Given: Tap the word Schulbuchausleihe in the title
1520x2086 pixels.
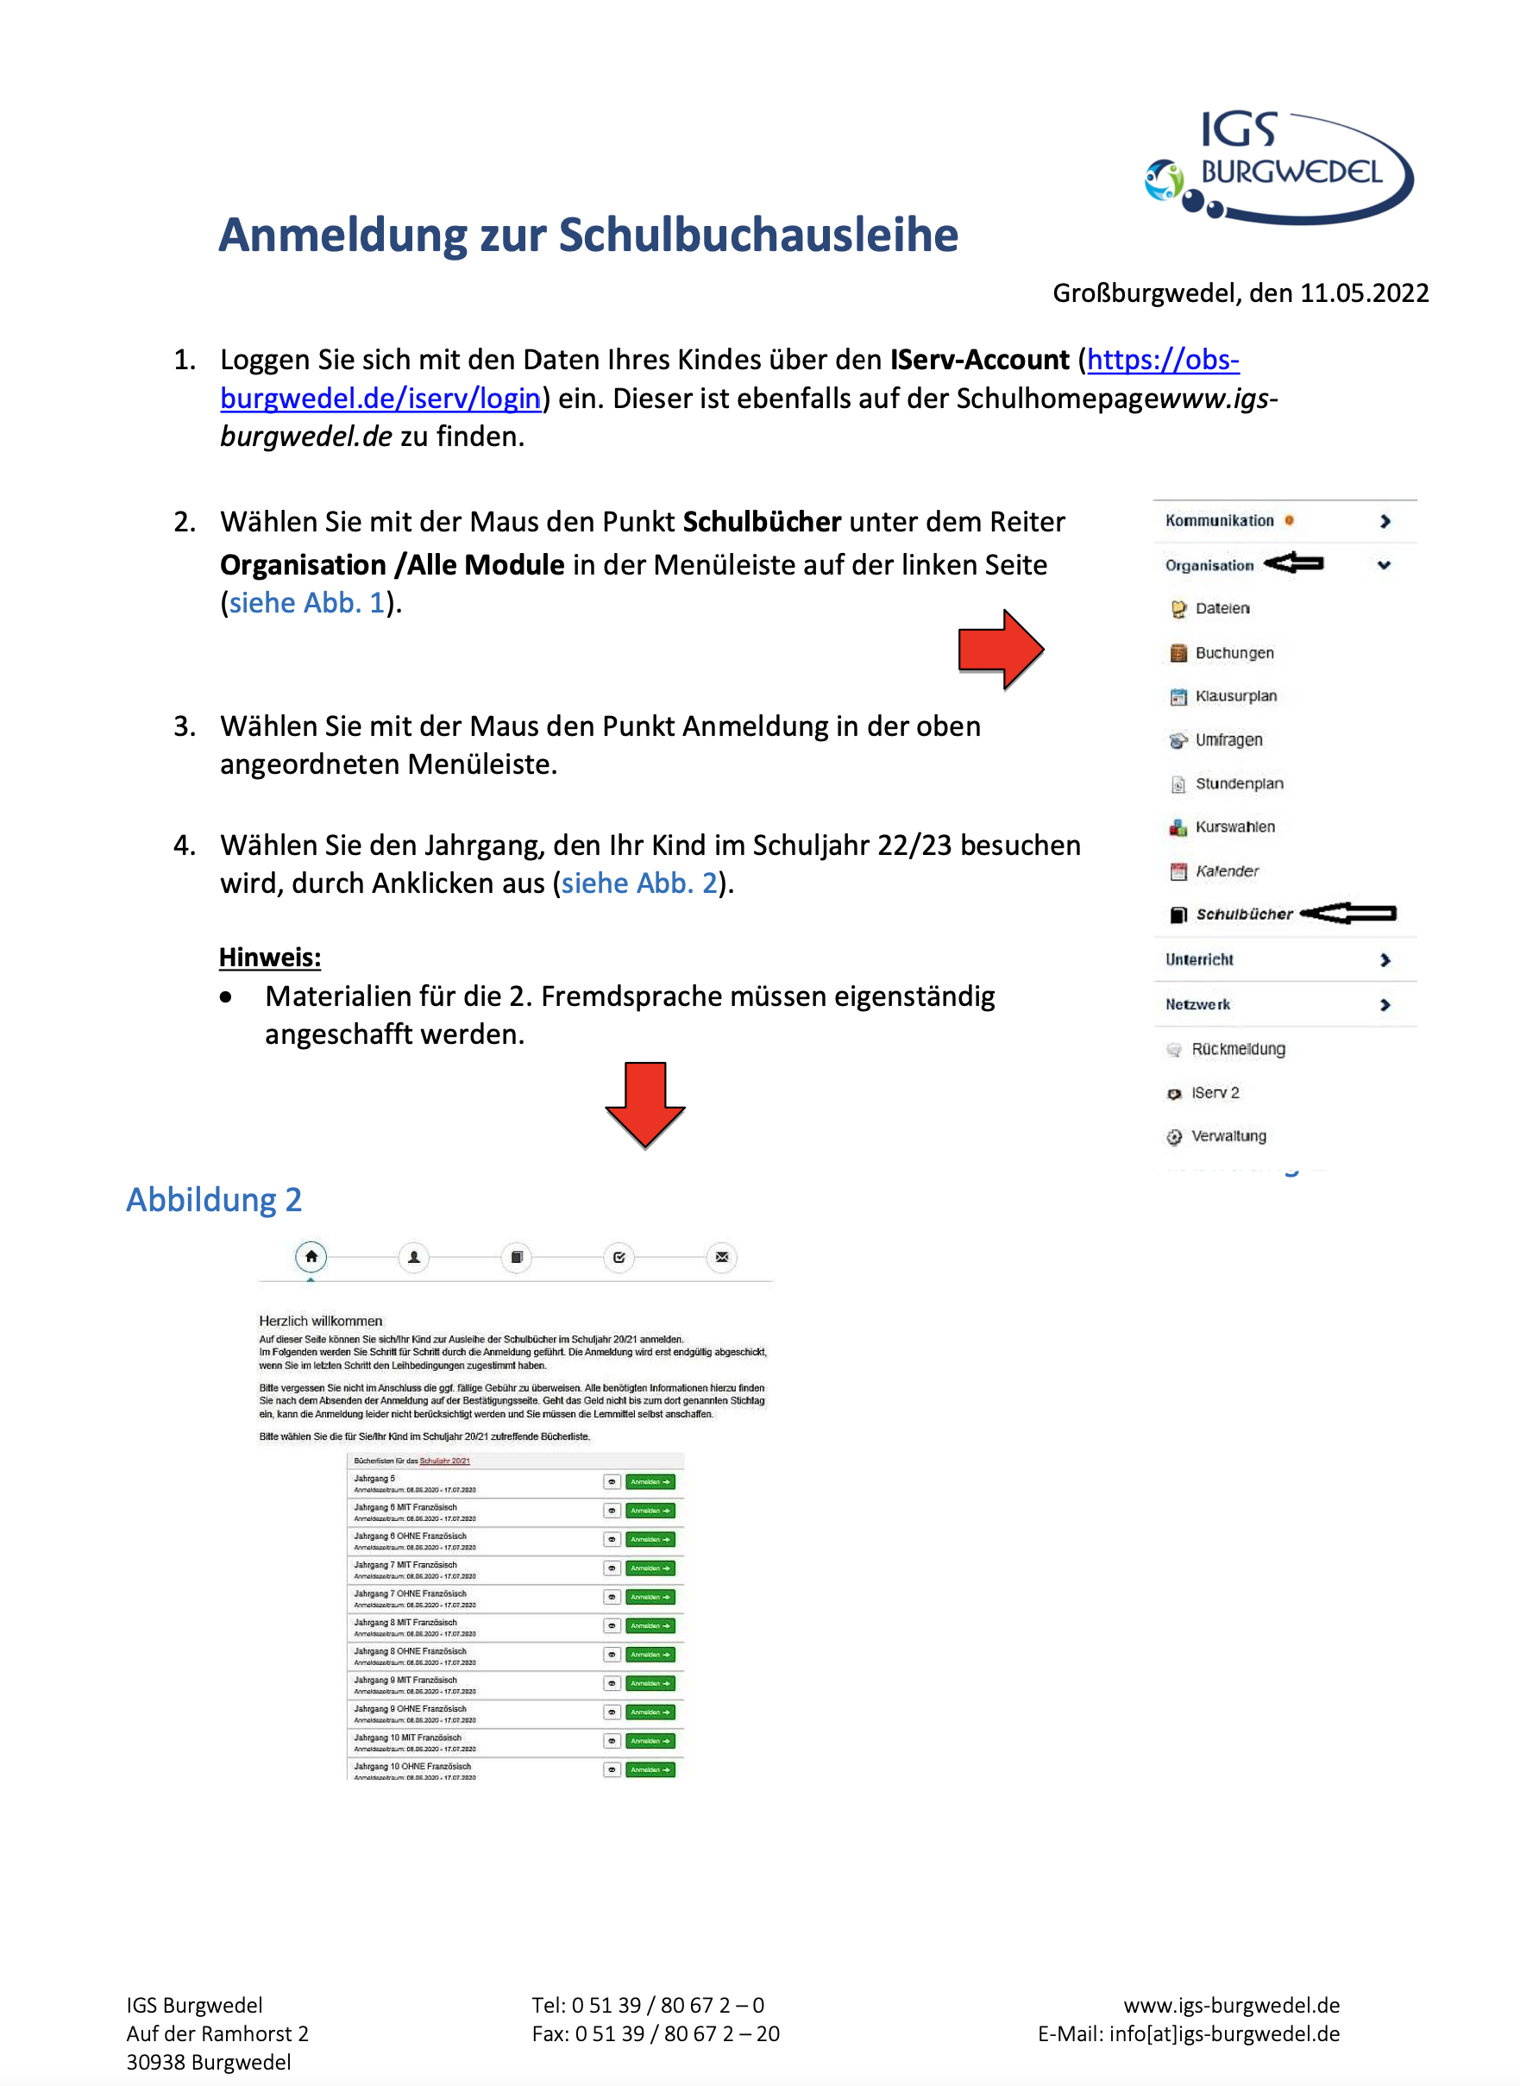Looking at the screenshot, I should [x=758, y=236].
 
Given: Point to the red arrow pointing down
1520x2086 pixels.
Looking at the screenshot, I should [x=644, y=1104].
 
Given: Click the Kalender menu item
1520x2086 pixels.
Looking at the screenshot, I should [x=1227, y=870].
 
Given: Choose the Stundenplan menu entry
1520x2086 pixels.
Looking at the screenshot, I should [x=1239, y=783].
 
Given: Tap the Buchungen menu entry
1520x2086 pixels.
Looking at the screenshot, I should [x=1234, y=652].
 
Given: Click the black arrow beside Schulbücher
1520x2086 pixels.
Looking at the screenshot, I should [x=1349, y=913].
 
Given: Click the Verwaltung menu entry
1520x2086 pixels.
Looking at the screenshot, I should [x=1228, y=1135].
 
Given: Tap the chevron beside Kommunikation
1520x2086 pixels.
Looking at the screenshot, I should [x=1385, y=521].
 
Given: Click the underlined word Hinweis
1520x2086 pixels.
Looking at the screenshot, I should [x=270, y=957].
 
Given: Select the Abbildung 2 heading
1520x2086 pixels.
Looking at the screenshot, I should [x=213, y=1200].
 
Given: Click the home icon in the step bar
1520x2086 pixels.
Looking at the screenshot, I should [x=311, y=1256].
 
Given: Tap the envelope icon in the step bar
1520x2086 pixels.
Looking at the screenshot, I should [x=721, y=1257].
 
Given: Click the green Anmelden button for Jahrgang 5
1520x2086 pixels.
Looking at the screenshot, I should [x=650, y=1481].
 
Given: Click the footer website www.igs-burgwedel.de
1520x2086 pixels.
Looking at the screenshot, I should [x=1231, y=2005].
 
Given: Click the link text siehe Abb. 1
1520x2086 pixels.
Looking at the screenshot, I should [x=306, y=603].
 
